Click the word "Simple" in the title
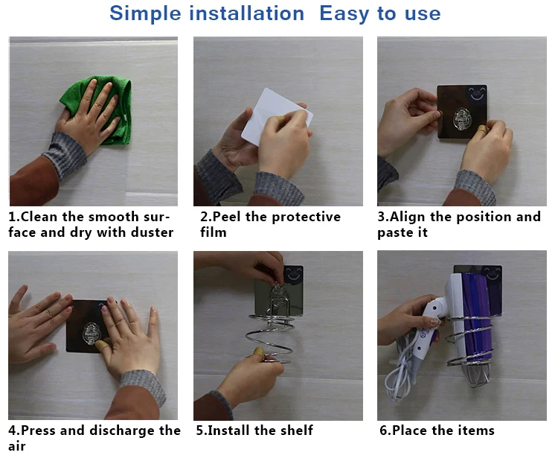(145, 13)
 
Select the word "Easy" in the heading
(344, 13)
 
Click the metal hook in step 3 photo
(461, 119)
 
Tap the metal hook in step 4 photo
(91, 334)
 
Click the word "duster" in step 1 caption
(153, 232)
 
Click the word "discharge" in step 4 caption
(122, 430)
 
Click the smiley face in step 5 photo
(295, 274)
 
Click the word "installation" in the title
(246, 13)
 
